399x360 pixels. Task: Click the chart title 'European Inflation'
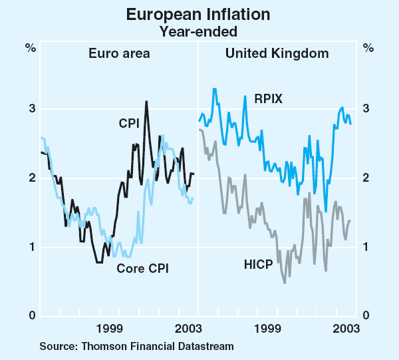199,15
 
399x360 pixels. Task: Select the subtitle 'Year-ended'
199,30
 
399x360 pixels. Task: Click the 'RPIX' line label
269,99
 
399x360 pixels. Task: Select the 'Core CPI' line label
142,269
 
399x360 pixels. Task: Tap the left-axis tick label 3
31,109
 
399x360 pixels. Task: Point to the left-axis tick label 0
31,316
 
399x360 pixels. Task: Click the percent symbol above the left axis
31,47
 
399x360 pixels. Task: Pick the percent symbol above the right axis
367,47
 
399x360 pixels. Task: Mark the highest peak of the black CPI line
146,102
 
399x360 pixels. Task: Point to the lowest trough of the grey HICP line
285,283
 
